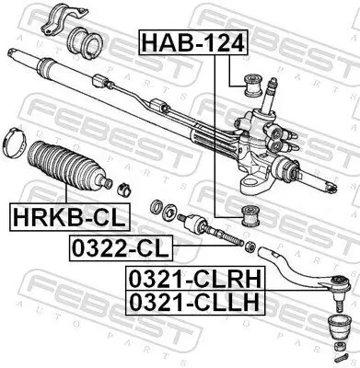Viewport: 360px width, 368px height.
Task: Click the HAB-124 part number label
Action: click(181, 41)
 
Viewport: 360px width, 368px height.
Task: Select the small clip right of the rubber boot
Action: click(122, 190)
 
